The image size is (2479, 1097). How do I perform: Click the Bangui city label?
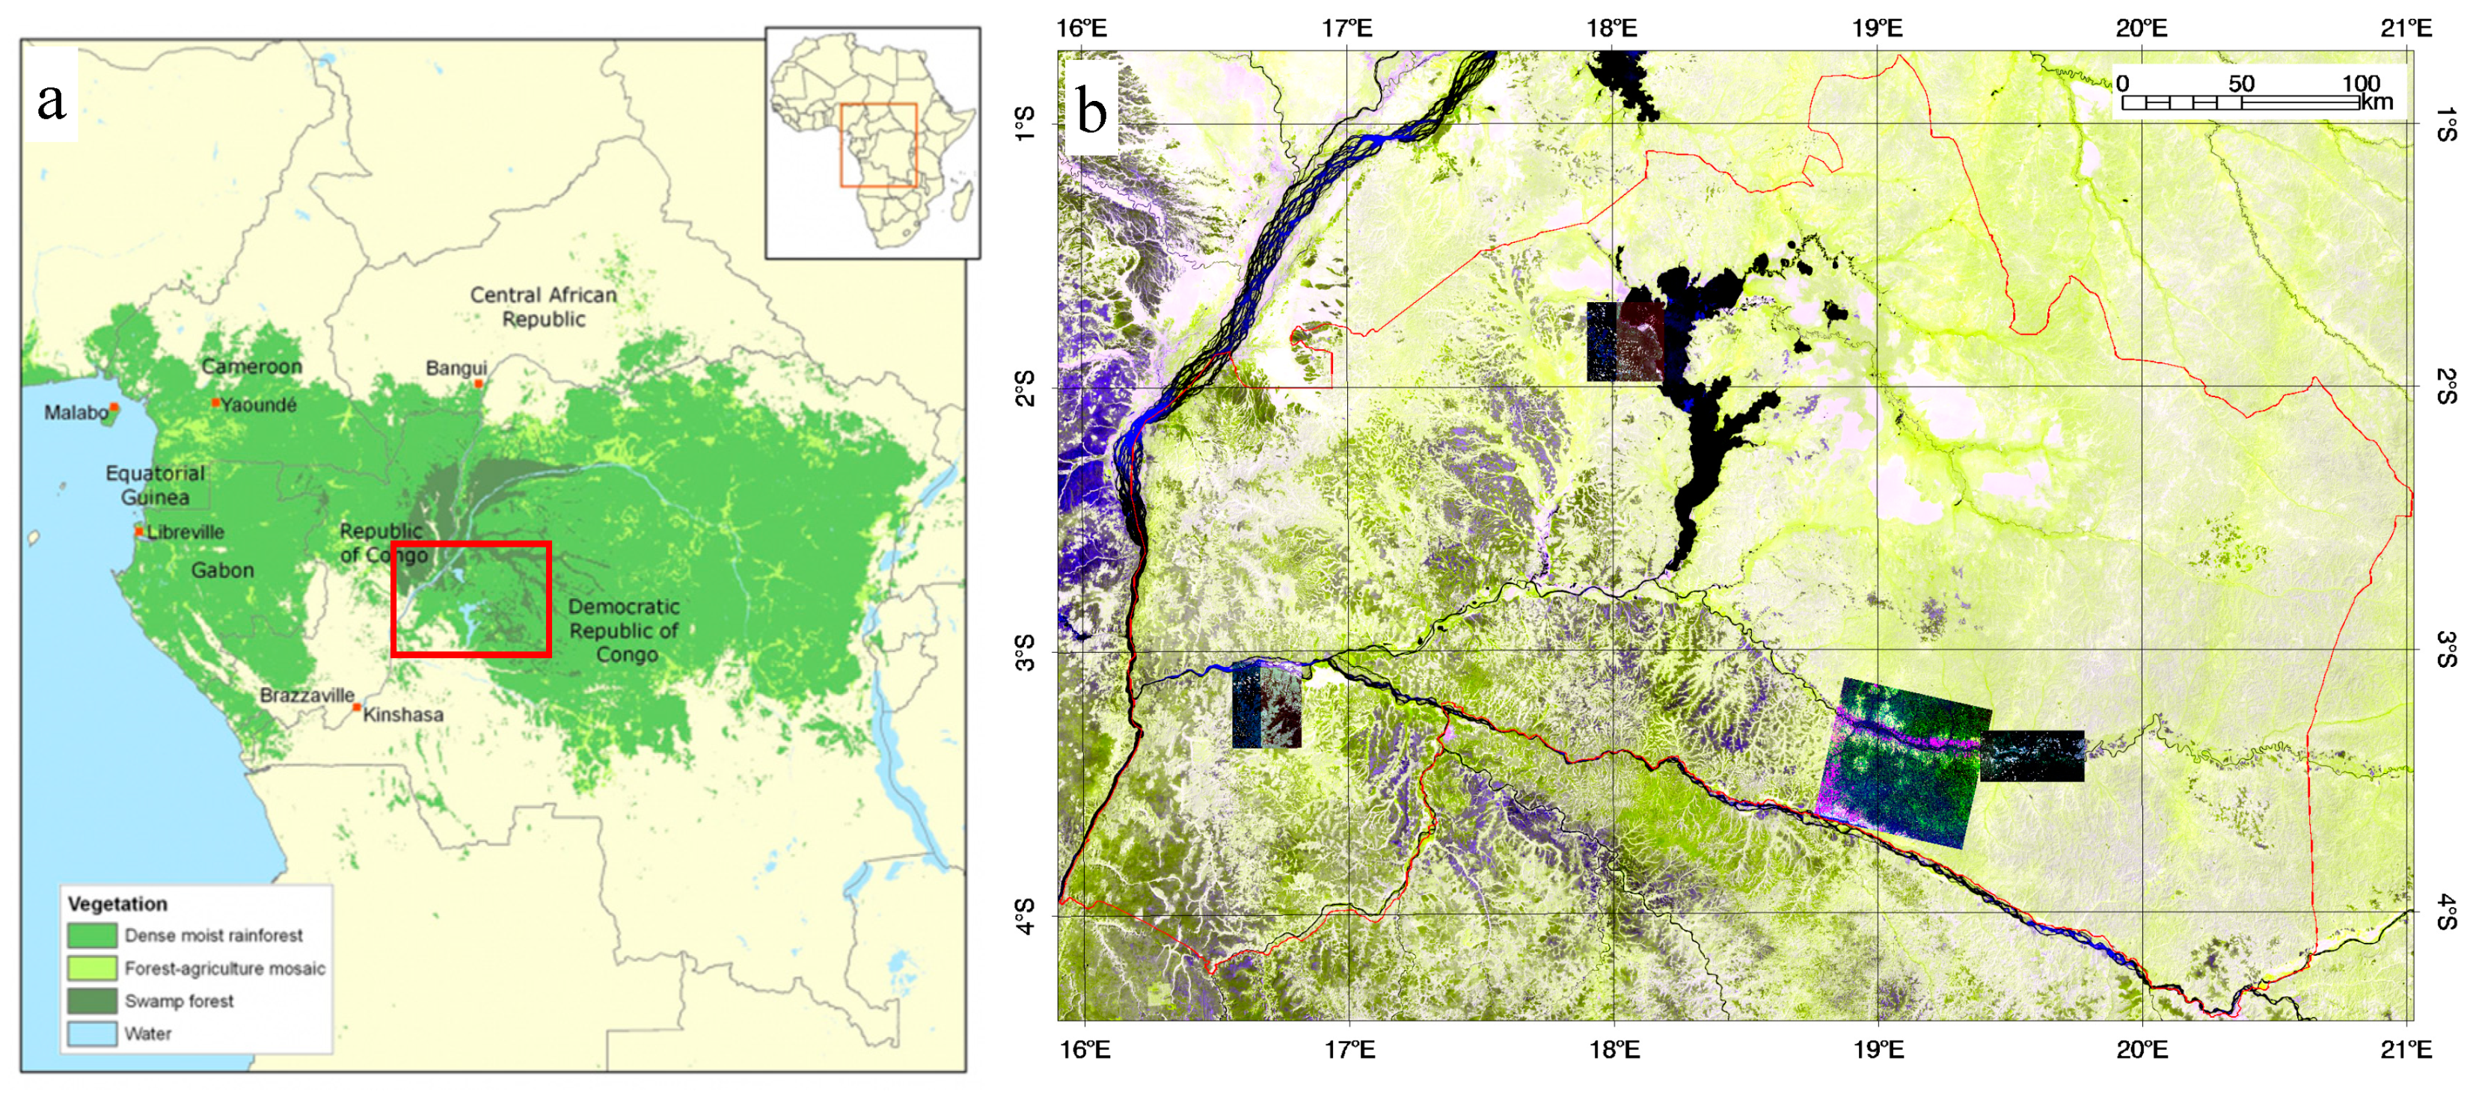(456, 368)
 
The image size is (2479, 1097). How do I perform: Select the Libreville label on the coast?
(185, 532)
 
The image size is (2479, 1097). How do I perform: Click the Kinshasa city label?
(403, 715)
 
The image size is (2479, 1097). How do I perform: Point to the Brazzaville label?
(307, 695)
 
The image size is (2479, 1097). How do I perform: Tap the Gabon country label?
(222, 571)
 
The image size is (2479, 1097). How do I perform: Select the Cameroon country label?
(251, 366)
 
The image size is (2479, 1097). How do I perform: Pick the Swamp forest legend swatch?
(93, 1001)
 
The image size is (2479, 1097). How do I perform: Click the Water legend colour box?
(93, 1033)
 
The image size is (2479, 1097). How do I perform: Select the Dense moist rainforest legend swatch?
(93, 935)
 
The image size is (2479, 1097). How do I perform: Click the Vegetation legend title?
(117, 903)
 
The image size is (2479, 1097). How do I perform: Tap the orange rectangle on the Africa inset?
(877, 145)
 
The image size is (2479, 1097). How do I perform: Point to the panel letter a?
(51, 100)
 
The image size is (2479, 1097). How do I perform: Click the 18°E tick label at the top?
(1612, 28)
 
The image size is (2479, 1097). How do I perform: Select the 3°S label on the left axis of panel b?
(1026, 652)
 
